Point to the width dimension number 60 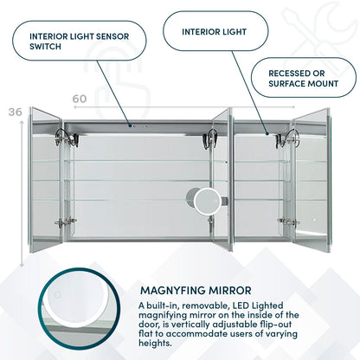(80, 100)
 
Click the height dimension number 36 (13, 112)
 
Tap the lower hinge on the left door (61, 222)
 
